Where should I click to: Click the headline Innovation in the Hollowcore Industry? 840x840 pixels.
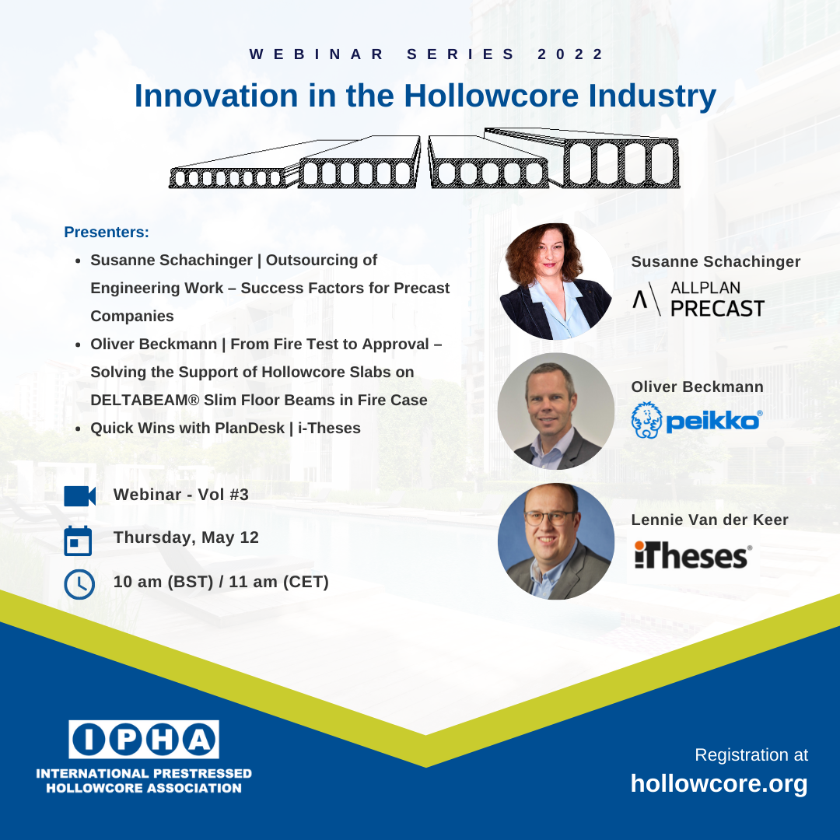tap(425, 96)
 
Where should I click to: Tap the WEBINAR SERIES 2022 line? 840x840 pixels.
tap(426, 54)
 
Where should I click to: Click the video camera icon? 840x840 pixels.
tap(79, 495)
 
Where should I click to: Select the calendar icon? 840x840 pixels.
tap(78, 541)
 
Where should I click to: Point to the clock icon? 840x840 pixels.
tap(79, 584)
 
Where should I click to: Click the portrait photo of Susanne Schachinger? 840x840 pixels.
tap(555, 282)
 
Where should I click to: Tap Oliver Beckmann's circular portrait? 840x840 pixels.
tap(555, 411)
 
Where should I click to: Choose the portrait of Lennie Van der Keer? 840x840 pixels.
tap(555, 541)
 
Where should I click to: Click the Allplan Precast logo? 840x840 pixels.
tap(698, 299)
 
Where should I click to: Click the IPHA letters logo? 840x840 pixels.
tap(144, 740)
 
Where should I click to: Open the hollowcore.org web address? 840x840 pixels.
tap(719, 783)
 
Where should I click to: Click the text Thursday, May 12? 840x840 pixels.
tap(186, 537)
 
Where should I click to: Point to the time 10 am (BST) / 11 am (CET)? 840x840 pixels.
tap(221, 581)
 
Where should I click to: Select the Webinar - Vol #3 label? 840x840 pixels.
tap(180, 494)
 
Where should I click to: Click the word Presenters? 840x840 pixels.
tap(107, 233)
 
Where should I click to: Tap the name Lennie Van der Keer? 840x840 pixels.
tap(709, 520)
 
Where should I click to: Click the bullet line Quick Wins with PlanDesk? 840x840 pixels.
tap(226, 429)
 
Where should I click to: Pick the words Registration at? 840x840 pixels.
tap(751, 754)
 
